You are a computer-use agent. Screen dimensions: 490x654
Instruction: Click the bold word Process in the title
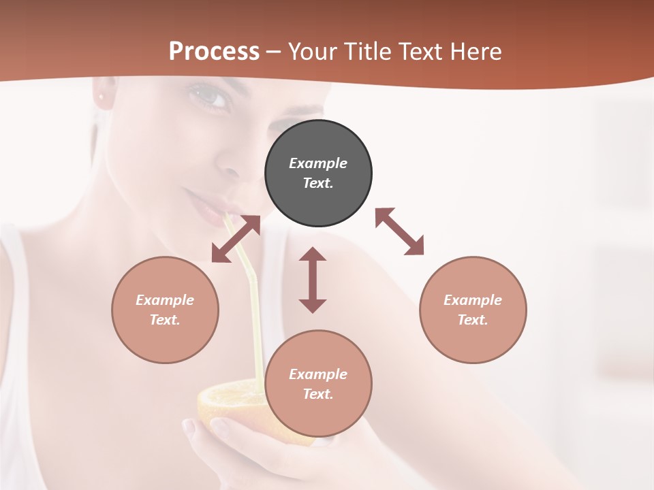(x=214, y=52)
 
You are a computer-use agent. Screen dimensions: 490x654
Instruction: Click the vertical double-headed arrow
(x=313, y=280)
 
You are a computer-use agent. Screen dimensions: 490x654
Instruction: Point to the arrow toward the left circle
(x=236, y=239)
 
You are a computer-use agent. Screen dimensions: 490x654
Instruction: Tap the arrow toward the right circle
(x=400, y=232)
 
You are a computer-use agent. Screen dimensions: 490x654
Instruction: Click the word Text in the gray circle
(x=318, y=184)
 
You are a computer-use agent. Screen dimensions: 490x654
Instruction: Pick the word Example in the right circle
(x=473, y=300)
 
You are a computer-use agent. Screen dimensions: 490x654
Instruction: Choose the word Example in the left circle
(x=165, y=300)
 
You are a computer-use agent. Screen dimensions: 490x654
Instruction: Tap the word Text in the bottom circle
(x=318, y=394)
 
